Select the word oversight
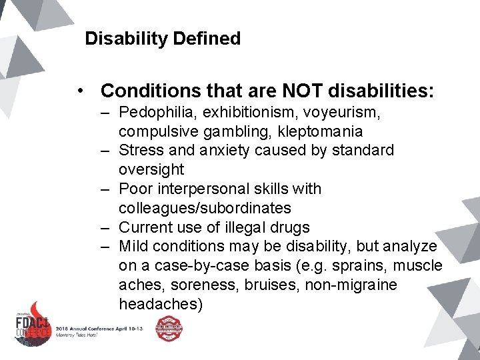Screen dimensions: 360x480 tap(151, 169)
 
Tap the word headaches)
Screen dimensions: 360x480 tap(161, 304)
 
